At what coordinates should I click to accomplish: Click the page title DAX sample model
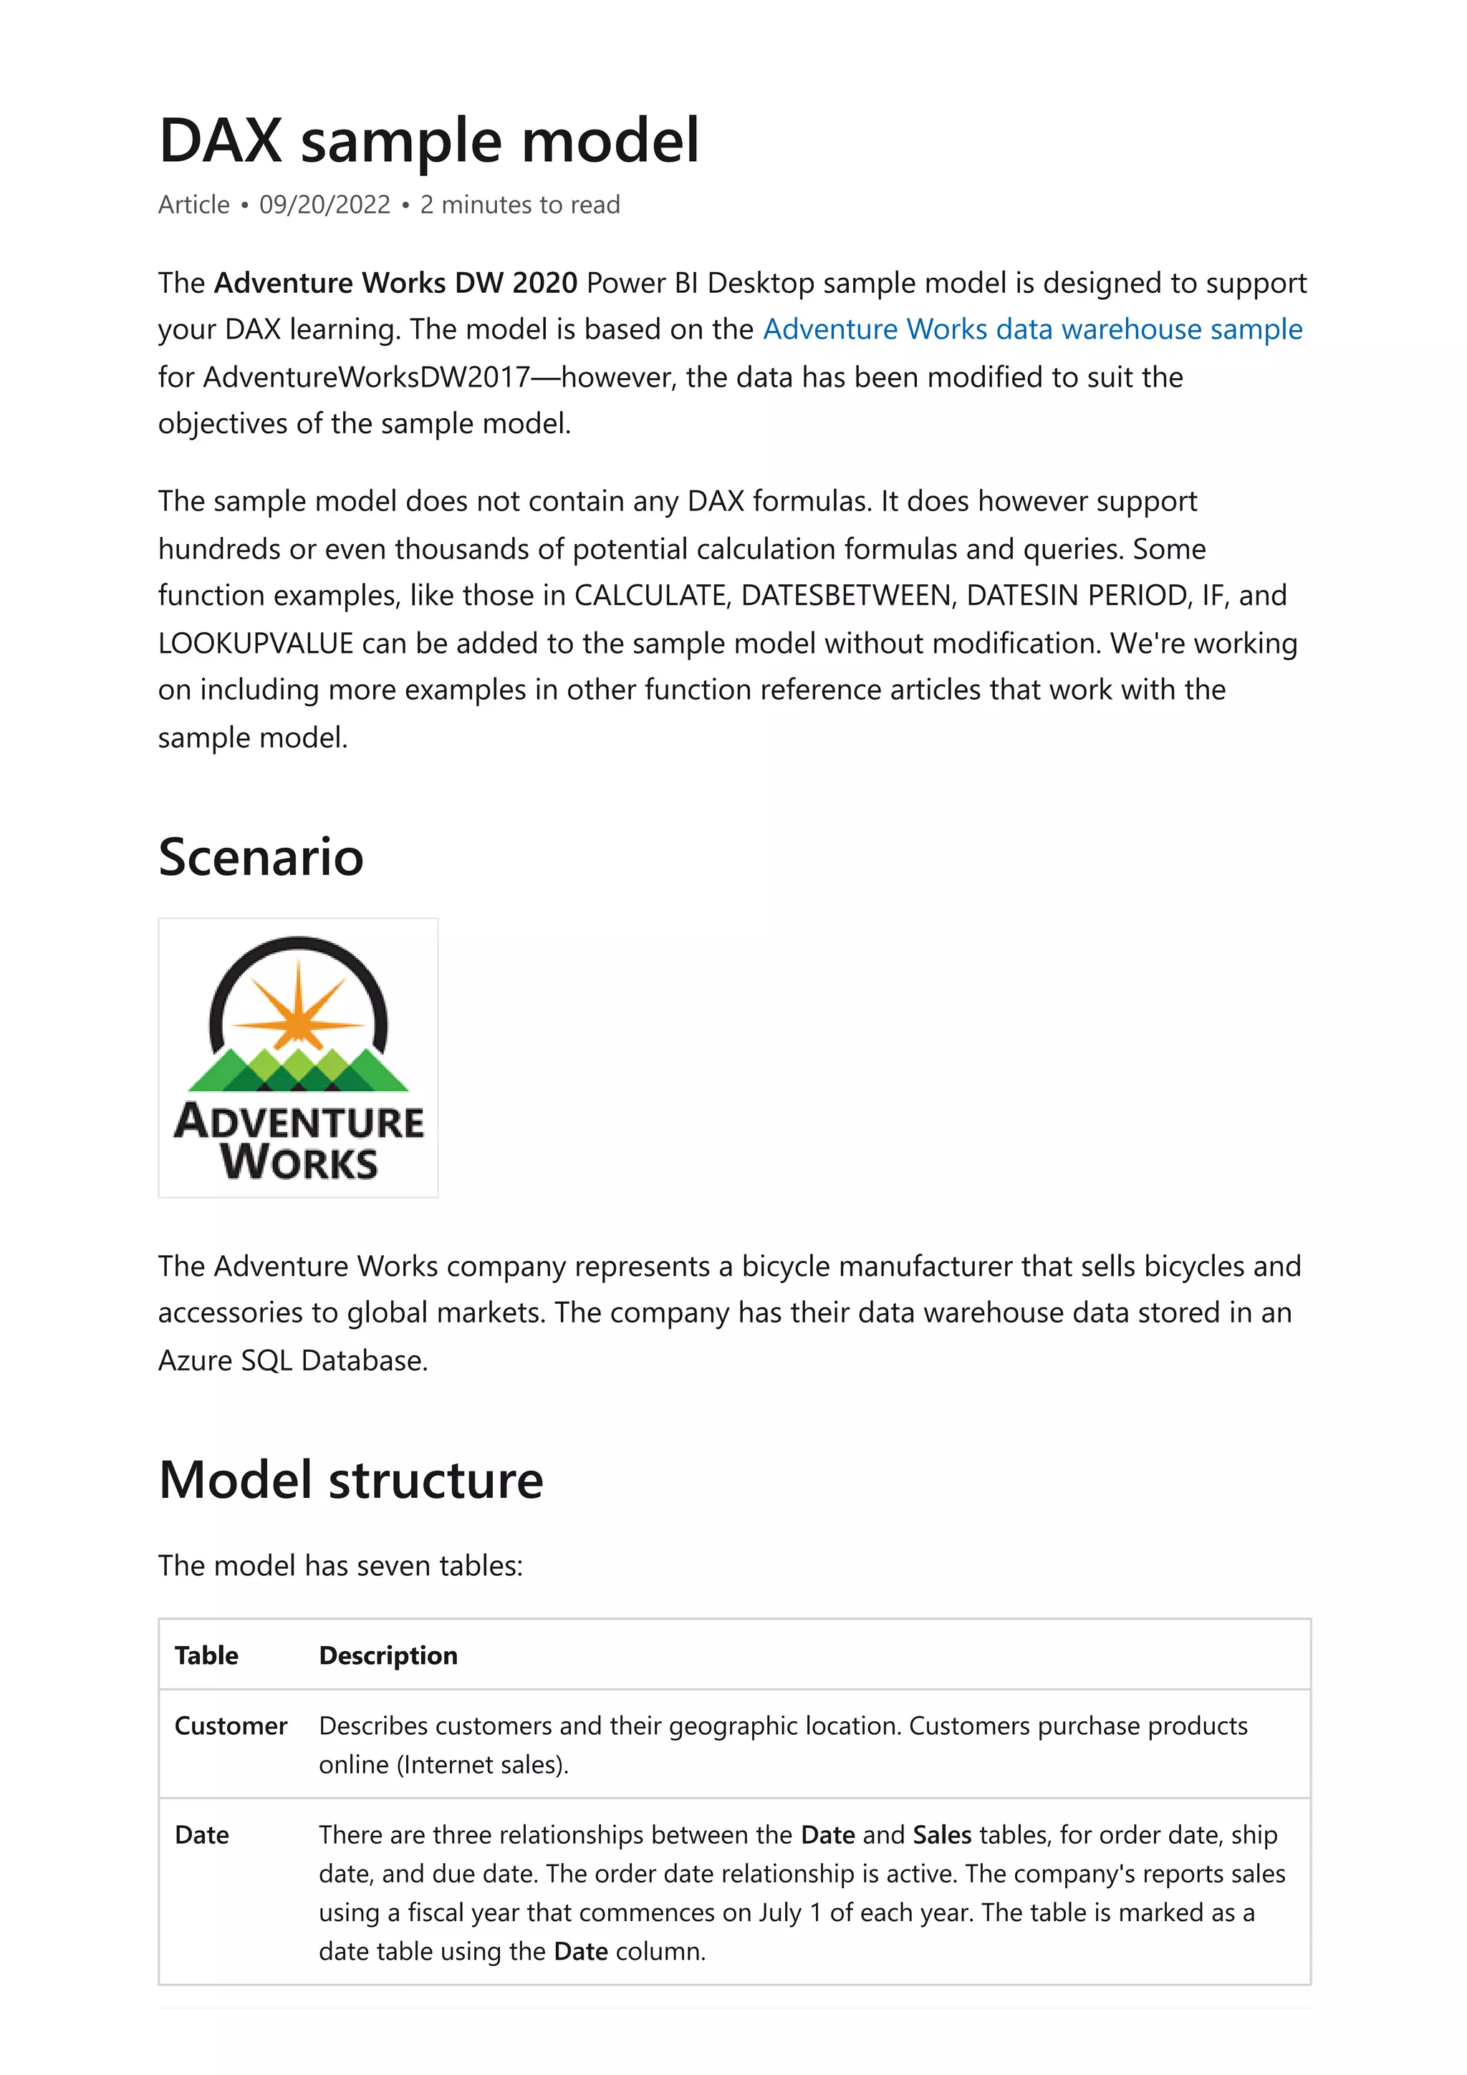click(x=428, y=141)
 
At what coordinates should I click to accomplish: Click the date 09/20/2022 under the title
click(x=324, y=205)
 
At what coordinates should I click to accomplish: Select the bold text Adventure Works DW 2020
click(x=395, y=283)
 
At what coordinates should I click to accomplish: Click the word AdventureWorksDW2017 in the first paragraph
click(x=366, y=377)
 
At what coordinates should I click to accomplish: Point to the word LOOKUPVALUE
click(x=255, y=644)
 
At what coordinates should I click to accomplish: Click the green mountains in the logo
click(x=298, y=1071)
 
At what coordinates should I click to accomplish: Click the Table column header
click(x=206, y=1655)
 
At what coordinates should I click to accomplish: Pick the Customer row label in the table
click(x=231, y=1726)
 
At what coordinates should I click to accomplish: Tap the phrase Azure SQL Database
click(x=292, y=1360)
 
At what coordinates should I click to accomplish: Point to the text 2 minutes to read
click(x=520, y=205)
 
